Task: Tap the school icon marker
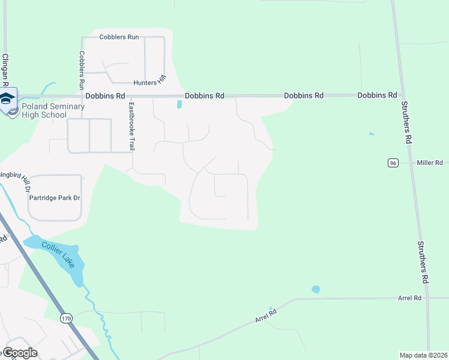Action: click(x=8, y=99)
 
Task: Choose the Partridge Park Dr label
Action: click(x=54, y=197)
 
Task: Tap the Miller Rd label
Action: click(x=430, y=163)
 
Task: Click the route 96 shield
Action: click(x=393, y=163)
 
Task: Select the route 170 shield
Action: click(x=66, y=319)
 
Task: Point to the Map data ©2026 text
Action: click(x=423, y=355)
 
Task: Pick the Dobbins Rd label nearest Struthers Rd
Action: click(x=377, y=95)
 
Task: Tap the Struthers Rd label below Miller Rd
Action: click(x=424, y=263)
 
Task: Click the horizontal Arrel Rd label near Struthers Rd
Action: click(x=410, y=298)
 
